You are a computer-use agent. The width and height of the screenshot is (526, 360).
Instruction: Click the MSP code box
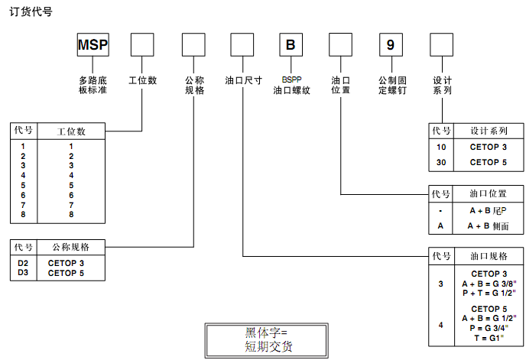pyautogui.click(x=93, y=44)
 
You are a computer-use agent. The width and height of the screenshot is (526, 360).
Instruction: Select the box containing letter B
pyautogui.click(x=291, y=44)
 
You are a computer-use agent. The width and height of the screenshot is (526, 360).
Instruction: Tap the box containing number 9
pyautogui.click(x=390, y=44)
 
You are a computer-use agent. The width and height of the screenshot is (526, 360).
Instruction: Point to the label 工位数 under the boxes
pyautogui.click(x=142, y=79)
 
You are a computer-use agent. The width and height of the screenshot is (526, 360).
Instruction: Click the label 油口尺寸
pyautogui.click(x=244, y=79)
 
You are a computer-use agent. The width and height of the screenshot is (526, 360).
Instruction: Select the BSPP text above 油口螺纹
pyautogui.click(x=291, y=79)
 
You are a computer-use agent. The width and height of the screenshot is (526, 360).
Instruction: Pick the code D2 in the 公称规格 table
pyautogui.click(x=23, y=263)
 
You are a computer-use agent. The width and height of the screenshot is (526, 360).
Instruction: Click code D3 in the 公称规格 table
pyautogui.click(x=23, y=273)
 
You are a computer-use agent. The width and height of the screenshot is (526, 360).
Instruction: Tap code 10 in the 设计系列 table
pyautogui.click(x=441, y=147)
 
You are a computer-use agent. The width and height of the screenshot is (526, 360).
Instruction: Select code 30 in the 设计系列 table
pyautogui.click(x=441, y=162)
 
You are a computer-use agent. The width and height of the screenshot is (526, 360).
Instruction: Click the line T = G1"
pyautogui.click(x=489, y=337)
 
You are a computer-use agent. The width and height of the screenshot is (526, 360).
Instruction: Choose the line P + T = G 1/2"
pyautogui.click(x=489, y=293)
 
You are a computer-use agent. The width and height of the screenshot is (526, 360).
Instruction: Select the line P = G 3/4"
pyautogui.click(x=489, y=328)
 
